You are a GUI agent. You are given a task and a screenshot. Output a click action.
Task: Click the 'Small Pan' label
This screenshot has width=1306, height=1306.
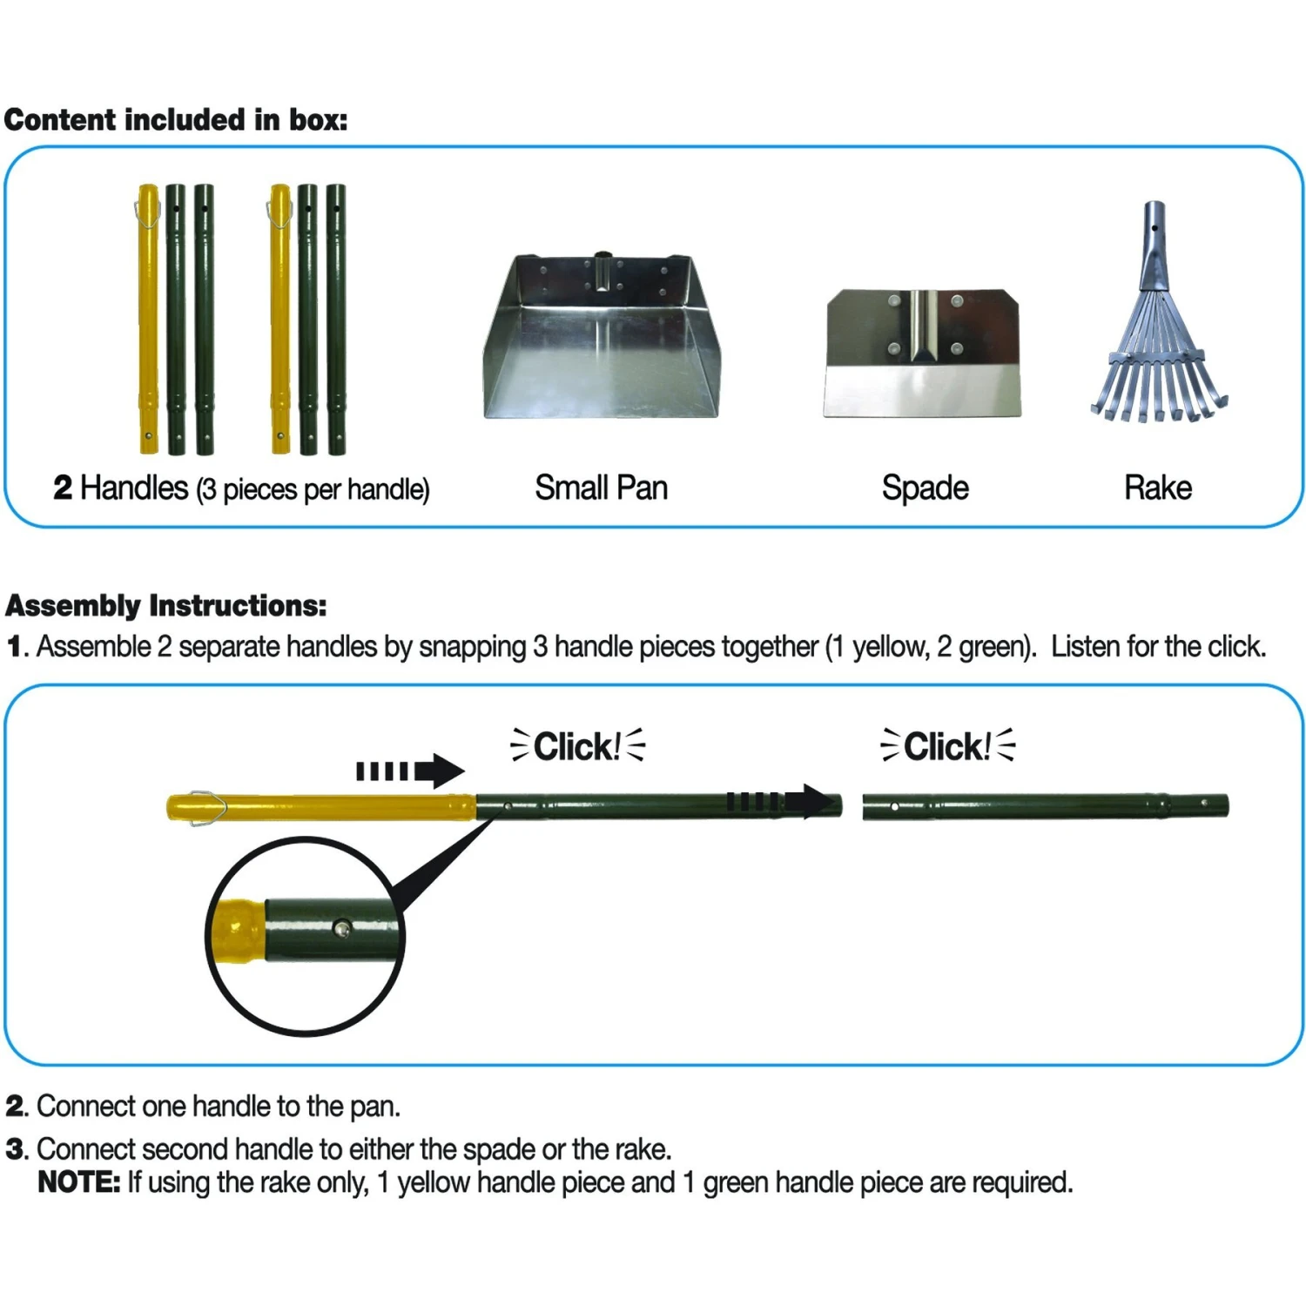point(601,488)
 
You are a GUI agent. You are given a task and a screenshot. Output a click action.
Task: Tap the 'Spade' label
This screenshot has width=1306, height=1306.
point(925,488)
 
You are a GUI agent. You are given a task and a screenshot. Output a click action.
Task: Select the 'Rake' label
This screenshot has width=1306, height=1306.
point(1157,488)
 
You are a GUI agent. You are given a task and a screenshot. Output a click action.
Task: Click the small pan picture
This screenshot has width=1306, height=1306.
point(601,340)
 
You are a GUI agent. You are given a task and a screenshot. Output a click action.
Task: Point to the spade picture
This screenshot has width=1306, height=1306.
point(923,353)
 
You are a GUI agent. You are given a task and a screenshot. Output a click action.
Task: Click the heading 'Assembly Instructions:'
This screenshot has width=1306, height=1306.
point(166,605)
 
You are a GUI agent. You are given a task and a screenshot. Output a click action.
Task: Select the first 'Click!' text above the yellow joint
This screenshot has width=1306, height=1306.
point(577,746)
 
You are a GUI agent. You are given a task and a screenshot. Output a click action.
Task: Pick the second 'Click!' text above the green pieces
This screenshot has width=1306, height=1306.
point(947,746)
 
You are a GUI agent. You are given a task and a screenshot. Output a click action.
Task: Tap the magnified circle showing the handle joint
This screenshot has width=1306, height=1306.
point(305,936)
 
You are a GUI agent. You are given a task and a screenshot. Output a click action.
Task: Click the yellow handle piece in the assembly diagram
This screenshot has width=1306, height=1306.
point(331,807)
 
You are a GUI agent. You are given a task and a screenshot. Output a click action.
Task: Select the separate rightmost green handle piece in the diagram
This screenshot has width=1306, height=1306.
point(1045,806)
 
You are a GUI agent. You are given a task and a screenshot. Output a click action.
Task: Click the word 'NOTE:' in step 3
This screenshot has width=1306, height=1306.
point(79,1182)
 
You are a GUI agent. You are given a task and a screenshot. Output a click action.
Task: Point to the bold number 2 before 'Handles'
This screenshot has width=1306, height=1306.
point(63,488)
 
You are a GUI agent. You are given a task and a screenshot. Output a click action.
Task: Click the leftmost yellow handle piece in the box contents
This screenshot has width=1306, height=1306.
point(149,318)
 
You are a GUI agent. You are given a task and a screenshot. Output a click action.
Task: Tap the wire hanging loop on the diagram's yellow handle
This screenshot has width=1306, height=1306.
point(207,807)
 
